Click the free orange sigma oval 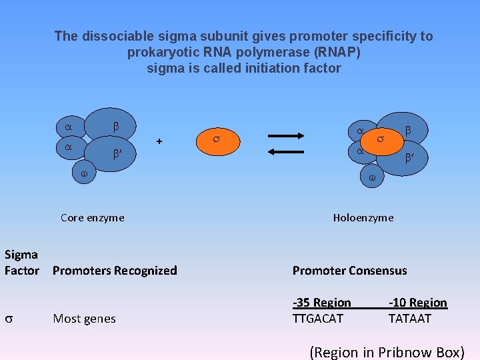coord(216,139)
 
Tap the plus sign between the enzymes coord(159,141)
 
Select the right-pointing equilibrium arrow coord(286,135)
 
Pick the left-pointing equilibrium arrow coord(286,151)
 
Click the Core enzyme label coord(92,217)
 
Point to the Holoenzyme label coord(363,217)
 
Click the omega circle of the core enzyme coord(84,173)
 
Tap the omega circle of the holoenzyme coord(372,178)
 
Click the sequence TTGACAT coord(318,319)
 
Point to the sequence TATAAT coord(410,319)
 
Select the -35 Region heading coord(321,303)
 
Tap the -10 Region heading coord(418,303)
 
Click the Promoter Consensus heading coord(349,270)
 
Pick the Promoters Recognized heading coord(115,270)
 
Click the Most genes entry coord(84,319)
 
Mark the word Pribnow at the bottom coord(403,352)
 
